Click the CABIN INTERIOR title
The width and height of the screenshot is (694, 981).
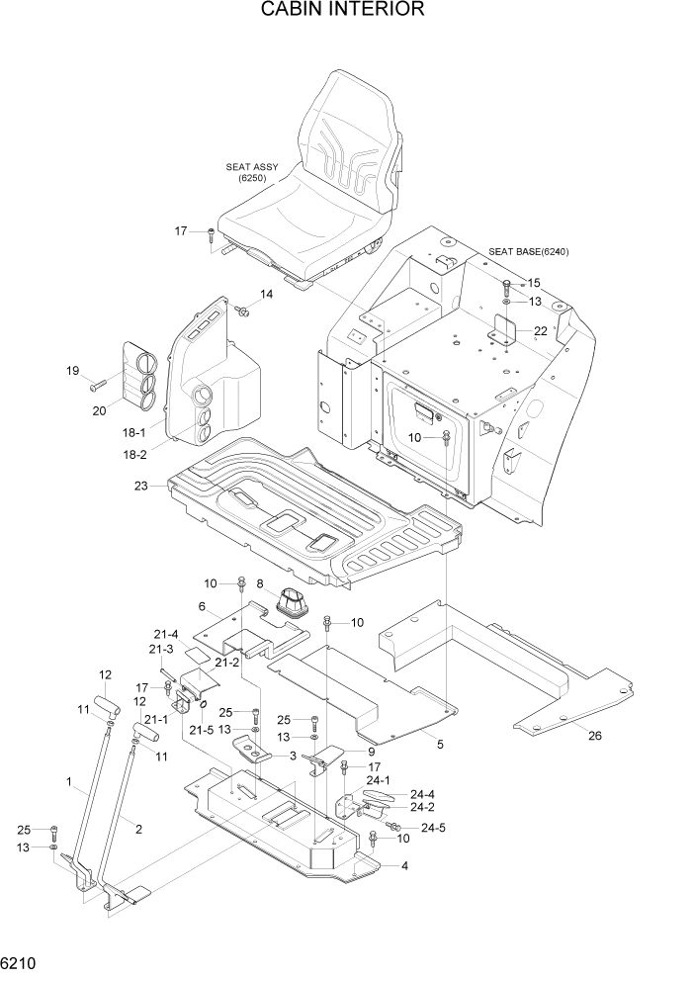[x=343, y=10]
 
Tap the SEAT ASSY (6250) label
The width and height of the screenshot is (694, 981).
[x=252, y=173]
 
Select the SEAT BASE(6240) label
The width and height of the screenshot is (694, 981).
[x=529, y=251]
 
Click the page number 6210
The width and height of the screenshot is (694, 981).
[x=20, y=962]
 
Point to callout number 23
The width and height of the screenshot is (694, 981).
[x=141, y=486]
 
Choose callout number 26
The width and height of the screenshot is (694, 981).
[x=594, y=735]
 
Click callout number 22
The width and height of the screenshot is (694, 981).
[x=540, y=330]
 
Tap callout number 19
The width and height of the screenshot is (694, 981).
[x=72, y=371]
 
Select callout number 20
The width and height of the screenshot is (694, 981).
[x=99, y=411]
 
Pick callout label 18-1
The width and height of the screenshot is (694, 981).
[x=133, y=433]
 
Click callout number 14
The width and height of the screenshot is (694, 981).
[x=266, y=294]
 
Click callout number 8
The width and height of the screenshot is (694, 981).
[x=260, y=583]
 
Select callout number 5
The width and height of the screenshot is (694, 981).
[x=439, y=744]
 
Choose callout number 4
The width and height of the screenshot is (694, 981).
[x=404, y=866]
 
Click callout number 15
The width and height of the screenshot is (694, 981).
[x=534, y=282]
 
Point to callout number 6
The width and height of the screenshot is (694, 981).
[x=202, y=606]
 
